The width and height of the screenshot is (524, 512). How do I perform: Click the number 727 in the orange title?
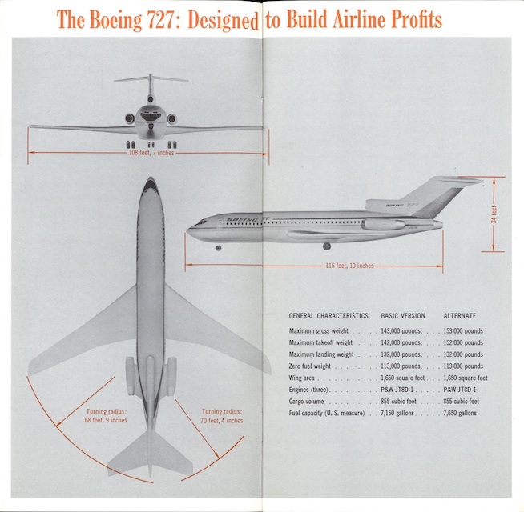(x=160, y=20)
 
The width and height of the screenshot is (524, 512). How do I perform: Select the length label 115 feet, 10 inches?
(x=349, y=265)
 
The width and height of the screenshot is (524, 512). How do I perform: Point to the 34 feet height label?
(x=494, y=214)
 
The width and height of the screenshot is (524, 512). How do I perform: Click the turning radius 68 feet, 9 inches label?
(x=106, y=416)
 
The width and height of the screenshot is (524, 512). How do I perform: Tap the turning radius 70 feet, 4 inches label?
(x=222, y=416)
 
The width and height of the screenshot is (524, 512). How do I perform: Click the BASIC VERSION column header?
(x=402, y=316)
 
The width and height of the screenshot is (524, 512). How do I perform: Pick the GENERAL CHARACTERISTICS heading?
(x=329, y=316)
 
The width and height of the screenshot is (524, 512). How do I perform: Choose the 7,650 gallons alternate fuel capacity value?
(x=462, y=413)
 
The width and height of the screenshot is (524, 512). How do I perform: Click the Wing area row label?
(x=303, y=378)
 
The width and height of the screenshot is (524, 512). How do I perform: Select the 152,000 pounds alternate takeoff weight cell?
(x=463, y=342)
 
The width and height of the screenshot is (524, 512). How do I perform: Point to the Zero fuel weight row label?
(x=313, y=366)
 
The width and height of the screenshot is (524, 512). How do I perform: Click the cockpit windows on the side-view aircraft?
(x=200, y=222)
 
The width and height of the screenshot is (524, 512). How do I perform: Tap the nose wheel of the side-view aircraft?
(x=218, y=248)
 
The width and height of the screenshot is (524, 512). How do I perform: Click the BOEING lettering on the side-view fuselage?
(x=240, y=218)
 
